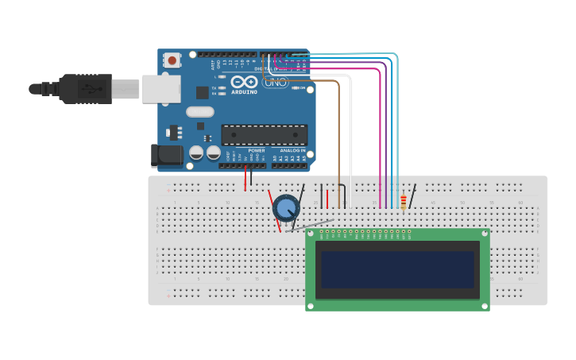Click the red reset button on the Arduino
(x=172, y=60)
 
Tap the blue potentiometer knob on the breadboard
(x=285, y=208)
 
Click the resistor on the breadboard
(x=403, y=203)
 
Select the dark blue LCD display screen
(x=397, y=269)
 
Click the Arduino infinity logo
(x=244, y=82)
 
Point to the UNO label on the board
(x=276, y=83)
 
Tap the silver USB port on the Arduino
(x=160, y=89)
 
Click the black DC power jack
(x=168, y=155)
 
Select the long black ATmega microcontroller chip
(x=264, y=135)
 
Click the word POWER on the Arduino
(x=257, y=150)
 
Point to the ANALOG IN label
(x=292, y=150)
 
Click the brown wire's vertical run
(x=339, y=143)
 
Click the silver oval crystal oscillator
(x=200, y=112)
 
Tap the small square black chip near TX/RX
(x=203, y=92)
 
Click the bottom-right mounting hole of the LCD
(x=485, y=306)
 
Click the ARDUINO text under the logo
(x=244, y=92)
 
